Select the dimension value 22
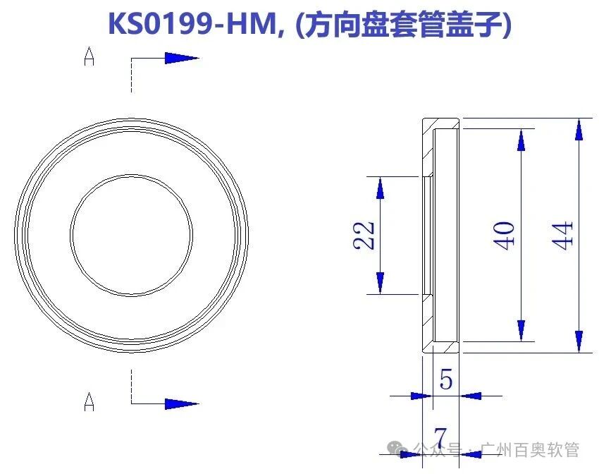pos(365,234)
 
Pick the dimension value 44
pos(564,234)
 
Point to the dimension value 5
pos(445,380)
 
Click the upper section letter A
pos(89,57)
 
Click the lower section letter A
pos(89,403)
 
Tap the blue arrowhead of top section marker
pos(181,58)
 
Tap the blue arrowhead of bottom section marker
pos(181,403)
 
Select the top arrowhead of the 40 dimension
pos(521,140)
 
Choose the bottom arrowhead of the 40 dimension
pos(521,329)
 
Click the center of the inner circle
pos(131,231)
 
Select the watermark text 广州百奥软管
pos(530,449)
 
